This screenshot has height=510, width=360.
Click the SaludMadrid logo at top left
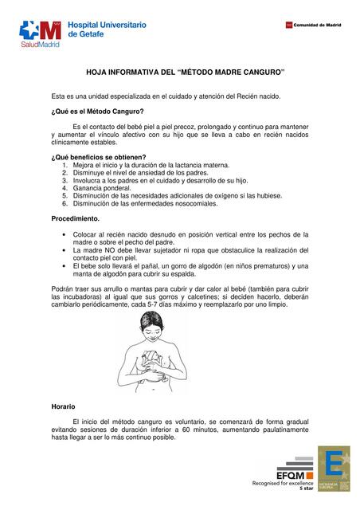click(x=41, y=33)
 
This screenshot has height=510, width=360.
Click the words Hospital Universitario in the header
click(x=108, y=25)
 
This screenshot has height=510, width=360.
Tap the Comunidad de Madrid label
click(x=317, y=25)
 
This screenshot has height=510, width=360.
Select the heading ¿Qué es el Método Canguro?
click(x=98, y=112)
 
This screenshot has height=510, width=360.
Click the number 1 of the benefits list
click(x=65, y=166)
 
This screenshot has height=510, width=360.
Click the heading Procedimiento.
click(x=76, y=218)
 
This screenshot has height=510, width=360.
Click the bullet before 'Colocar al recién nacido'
click(x=64, y=234)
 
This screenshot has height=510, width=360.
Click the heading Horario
click(x=63, y=407)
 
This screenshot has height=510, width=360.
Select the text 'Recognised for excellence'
click(x=282, y=483)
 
